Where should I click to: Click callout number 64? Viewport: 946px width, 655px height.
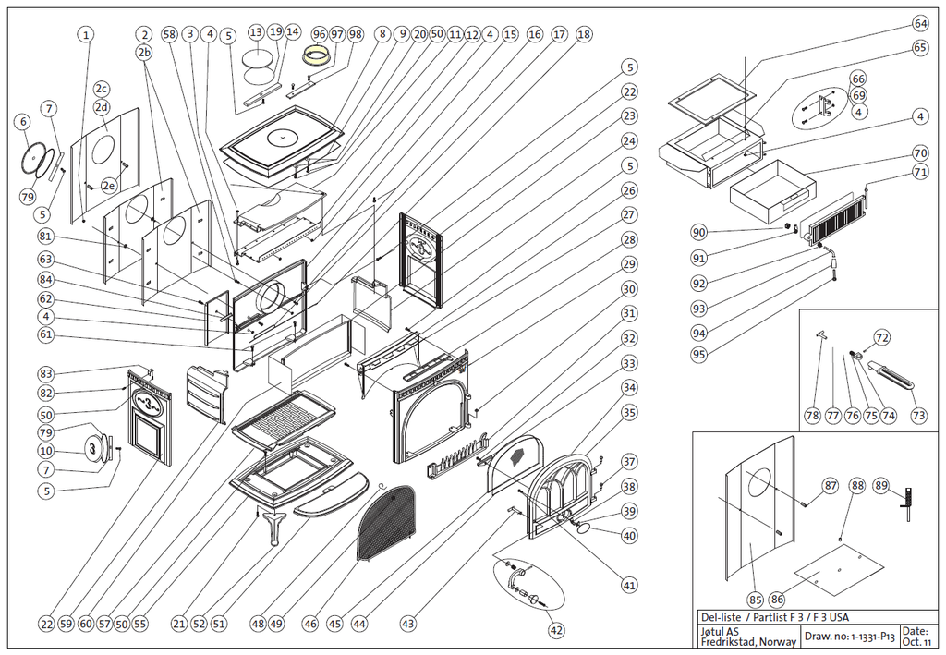click(919, 22)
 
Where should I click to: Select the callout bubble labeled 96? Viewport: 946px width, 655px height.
click(320, 34)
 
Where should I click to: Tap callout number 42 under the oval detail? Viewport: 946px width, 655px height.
click(555, 631)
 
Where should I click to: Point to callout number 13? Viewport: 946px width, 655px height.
click(257, 33)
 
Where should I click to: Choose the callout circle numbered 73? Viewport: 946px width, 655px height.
click(918, 417)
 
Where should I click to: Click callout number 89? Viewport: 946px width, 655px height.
click(880, 486)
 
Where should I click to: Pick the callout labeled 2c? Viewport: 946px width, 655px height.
click(103, 89)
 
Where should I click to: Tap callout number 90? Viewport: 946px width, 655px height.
click(699, 232)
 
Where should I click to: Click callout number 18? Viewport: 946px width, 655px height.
click(583, 34)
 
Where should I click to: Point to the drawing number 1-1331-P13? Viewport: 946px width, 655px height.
click(862, 636)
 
